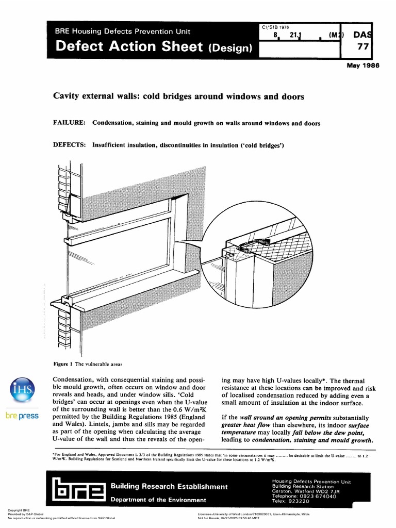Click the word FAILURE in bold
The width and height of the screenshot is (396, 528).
(x=69, y=123)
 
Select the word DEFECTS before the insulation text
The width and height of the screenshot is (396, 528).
(x=69, y=145)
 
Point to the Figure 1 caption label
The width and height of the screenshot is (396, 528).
(x=64, y=364)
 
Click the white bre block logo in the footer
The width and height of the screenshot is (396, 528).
(x=76, y=492)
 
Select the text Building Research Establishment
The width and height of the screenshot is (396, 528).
(x=169, y=487)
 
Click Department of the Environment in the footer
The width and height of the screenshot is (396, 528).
(x=158, y=500)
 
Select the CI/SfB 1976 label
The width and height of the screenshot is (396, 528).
(x=276, y=26)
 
